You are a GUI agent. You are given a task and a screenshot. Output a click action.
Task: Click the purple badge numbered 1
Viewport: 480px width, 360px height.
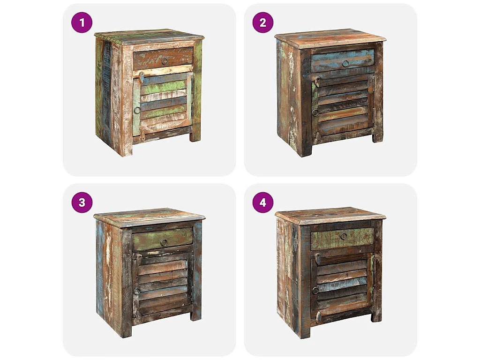(82, 22)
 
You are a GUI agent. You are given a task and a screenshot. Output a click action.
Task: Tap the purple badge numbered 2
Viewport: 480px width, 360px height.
(262, 22)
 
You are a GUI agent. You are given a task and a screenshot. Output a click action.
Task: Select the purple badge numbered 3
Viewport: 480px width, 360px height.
(82, 202)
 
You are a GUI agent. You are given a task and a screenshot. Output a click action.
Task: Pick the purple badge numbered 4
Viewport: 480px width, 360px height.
(262, 202)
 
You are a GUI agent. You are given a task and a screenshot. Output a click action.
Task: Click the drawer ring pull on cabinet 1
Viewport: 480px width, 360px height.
(165, 61)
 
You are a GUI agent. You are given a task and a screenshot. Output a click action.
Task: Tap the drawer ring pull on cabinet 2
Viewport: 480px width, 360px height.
(345, 63)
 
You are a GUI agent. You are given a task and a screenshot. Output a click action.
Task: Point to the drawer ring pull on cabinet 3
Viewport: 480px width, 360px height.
(164, 242)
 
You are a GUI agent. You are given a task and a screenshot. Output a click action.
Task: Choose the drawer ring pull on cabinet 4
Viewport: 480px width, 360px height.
(344, 236)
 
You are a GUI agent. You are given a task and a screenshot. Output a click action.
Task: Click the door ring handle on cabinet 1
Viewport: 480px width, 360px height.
(137, 110)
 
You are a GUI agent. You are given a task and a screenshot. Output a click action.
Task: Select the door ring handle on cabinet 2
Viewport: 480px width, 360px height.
(315, 112)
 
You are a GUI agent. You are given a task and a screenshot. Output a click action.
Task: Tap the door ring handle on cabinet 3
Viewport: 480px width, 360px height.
(137, 291)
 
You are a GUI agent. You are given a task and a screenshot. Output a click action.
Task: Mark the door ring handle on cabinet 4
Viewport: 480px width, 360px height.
(315, 290)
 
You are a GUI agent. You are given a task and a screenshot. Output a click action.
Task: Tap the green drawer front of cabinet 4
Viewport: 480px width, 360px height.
(328, 239)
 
